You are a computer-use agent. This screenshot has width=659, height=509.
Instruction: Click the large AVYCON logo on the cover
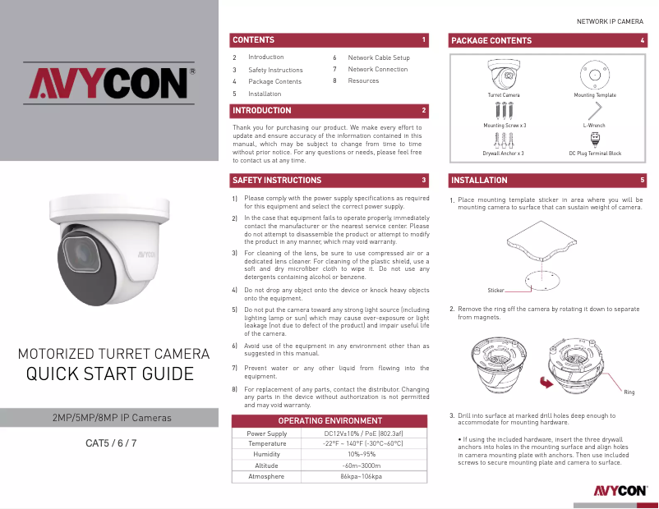(108, 82)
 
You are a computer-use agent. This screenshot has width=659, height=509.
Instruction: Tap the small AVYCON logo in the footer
(620, 491)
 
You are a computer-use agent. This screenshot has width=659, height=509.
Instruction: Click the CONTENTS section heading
(253, 39)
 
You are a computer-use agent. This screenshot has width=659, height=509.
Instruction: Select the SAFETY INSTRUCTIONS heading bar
(277, 180)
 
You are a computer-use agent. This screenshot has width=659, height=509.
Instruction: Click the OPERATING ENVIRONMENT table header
(330, 420)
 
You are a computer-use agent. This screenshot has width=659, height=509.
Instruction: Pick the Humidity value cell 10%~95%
(362, 454)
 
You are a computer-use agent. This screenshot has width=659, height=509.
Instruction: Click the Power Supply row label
(267, 433)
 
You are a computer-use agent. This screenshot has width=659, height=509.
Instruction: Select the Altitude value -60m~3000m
(362, 465)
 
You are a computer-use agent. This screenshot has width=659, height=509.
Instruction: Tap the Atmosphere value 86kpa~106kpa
(362, 476)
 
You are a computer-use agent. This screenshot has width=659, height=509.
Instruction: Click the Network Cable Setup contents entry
(378, 57)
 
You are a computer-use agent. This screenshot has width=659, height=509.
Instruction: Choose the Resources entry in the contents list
(363, 80)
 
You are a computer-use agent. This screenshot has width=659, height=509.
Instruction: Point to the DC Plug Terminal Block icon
(595, 139)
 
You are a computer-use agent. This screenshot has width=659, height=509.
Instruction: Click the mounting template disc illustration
(593, 78)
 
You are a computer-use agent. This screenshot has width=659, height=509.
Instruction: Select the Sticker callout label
(495, 291)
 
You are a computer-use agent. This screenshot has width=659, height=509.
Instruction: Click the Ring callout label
(629, 392)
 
